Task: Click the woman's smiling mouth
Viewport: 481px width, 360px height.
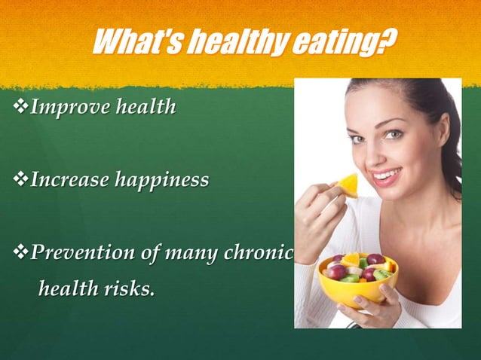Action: pos(386,176)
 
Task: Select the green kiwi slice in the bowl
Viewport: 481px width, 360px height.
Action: pos(349,278)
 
